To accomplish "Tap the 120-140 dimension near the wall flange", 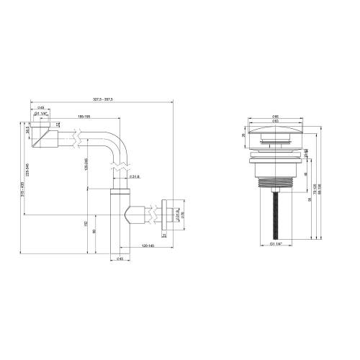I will (x=148, y=246).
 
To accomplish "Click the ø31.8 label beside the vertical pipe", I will (x=133, y=176).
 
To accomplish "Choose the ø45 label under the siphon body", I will (x=120, y=258).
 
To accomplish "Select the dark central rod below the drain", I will (x=276, y=216).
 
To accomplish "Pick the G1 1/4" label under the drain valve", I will (x=276, y=245).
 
